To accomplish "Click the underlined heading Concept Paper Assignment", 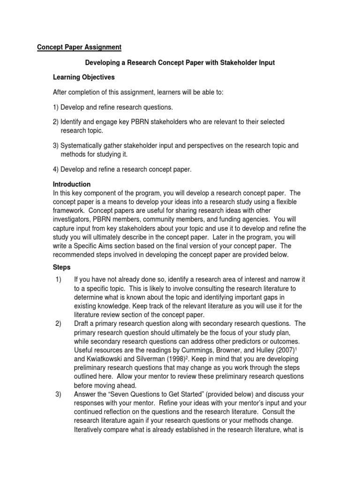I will pos(79,47).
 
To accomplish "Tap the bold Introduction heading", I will pos(72,184).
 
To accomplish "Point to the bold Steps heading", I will pos(61,267).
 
